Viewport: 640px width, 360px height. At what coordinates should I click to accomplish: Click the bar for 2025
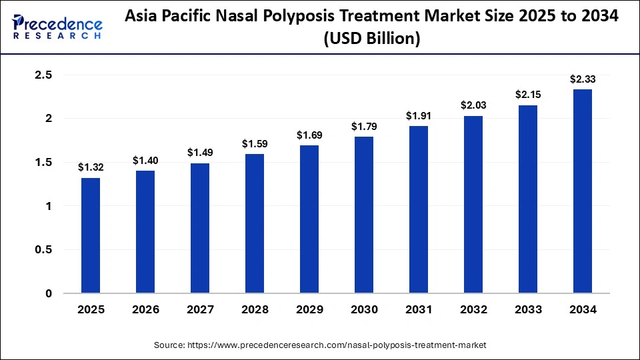pyautogui.click(x=91, y=235)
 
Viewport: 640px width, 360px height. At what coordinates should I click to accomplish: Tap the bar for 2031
pyautogui.click(x=419, y=209)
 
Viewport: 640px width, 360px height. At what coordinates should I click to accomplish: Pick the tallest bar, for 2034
pyautogui.click(x=583, y=191)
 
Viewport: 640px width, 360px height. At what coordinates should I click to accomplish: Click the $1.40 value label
pyautogui.click(x=145, y=160)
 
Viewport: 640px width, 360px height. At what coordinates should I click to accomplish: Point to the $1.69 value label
pyautogui.click(x=309, y=135)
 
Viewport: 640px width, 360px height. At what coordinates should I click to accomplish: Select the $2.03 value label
pyautogui.click(x=473, y=105)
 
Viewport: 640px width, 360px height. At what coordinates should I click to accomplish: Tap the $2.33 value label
pyautogui.click(x=583, y=79)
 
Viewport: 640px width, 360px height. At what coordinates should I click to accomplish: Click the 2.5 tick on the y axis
pyautogui.click(x=43, y=75)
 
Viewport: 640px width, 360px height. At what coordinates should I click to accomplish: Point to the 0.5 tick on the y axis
pyautogui.click(x=43, y=250)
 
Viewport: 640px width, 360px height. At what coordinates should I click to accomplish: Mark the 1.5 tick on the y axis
pyautogui.click(x=43, y=163)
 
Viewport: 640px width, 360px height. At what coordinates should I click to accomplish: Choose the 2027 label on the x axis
pyautogui.click(x=200, y=310)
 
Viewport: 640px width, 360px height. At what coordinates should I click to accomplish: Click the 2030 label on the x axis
pyautogui.click(x=364, y=310)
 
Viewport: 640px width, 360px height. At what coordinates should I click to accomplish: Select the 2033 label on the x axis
pyautogui.click(x=528, y=310)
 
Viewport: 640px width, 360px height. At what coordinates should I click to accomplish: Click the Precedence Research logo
pyautogui.click(x=57, y=27)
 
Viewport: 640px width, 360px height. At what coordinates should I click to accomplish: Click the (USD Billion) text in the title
pyautogui.click(x=372, y=39)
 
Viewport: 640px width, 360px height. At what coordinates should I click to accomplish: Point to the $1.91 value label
pyautogui.click(x=419, y=115)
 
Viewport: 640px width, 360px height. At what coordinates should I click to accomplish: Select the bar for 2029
pyautogui.click(x=309, y=219)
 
